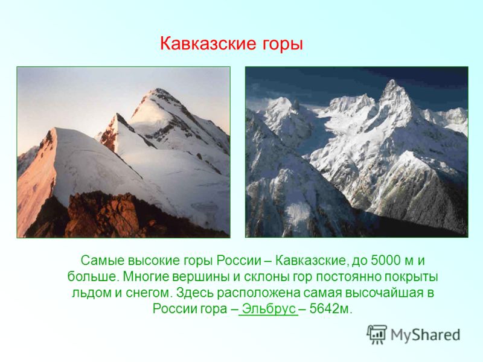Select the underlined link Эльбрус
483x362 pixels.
pyautogui.click(x=268, y=309)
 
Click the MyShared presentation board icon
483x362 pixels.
pyautogui.click(x=376, y=334)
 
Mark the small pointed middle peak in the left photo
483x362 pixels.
pyautogui.click(x=117, y=115)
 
